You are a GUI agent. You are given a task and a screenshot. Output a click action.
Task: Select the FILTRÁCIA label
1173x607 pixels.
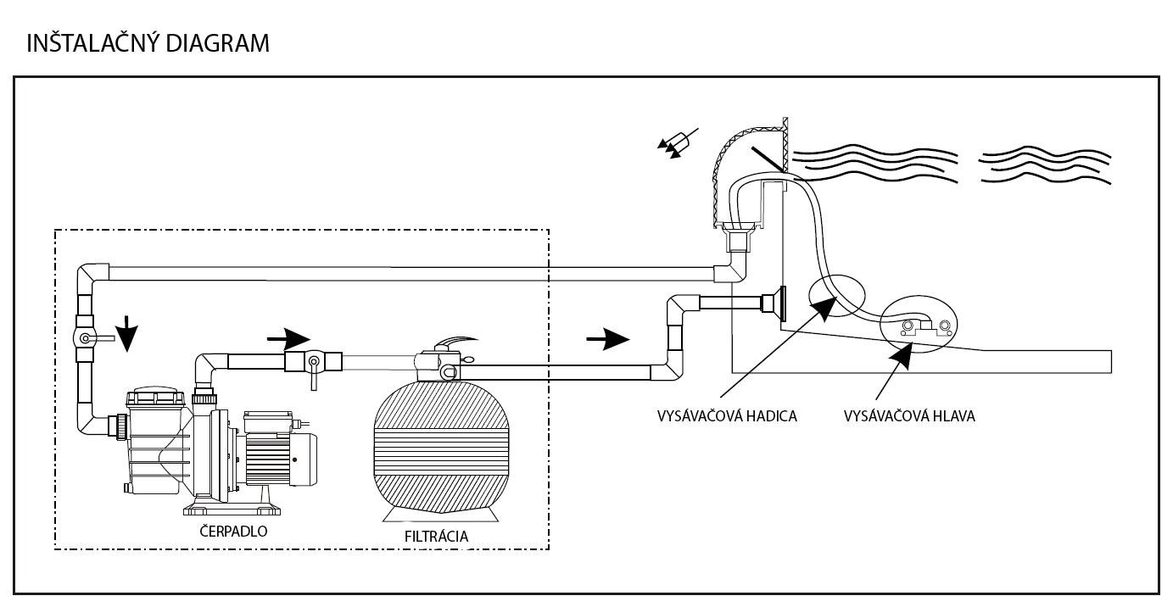[436, 537]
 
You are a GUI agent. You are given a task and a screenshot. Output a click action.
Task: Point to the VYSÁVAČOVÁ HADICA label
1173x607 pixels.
[727, 416]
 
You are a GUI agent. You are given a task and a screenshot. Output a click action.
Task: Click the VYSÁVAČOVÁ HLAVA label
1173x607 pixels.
[909, 416]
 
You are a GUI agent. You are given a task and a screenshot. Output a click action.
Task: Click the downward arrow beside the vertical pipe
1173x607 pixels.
[127, 333]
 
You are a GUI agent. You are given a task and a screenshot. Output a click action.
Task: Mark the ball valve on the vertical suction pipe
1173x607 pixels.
[85, 338]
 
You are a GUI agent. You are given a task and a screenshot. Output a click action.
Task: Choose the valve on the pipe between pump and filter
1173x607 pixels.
[313, 362]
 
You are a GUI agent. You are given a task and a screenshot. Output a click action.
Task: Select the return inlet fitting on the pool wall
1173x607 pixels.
[775, 303]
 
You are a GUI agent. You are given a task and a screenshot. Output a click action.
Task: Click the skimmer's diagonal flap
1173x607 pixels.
[768, 159]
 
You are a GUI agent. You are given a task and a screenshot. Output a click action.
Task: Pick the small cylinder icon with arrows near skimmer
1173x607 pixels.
[678, 142]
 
